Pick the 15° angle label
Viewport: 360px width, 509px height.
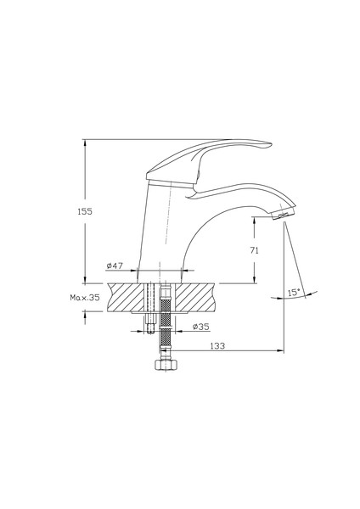(x=293, y=292)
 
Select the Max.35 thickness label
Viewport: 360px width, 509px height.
(x=85, y=299)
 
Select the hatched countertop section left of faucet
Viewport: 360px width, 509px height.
(x=123, y=298)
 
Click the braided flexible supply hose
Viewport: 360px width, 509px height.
(x=166, y=322)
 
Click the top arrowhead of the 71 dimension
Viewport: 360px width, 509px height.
(x=255, y=219)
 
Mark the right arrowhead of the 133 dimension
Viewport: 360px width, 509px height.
(x=281, y=349)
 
